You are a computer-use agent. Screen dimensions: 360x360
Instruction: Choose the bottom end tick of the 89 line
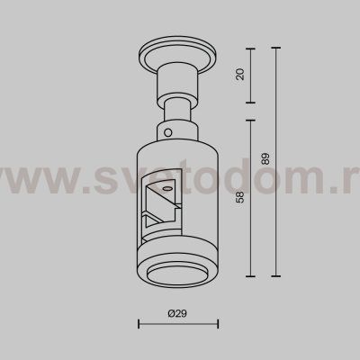tap(275, 274)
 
